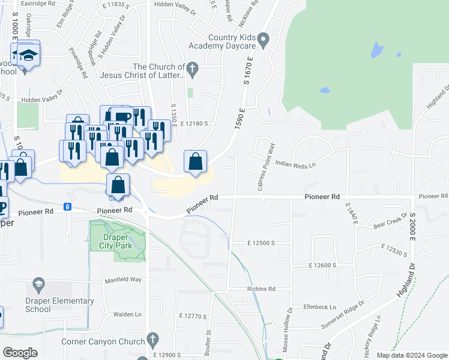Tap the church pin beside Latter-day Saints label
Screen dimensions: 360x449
point(192,69)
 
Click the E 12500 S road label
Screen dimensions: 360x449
point(261,243)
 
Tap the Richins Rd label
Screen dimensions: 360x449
point(261,289)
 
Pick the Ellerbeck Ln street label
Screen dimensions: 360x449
point(320,306)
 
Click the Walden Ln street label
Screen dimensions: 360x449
point(127,314)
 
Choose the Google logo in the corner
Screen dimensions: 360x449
point(20,353)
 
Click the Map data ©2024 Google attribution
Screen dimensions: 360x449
point(411,355)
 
